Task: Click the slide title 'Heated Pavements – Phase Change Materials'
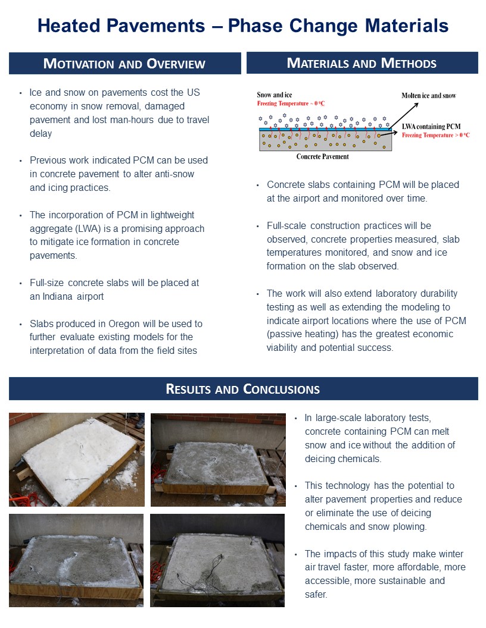[x=243, y=26]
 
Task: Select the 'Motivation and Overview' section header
[x=124, y=64]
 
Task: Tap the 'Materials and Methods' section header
[x=362, y=63]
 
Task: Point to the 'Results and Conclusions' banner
[x=243, y=389]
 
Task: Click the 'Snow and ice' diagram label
[x=275, y=95]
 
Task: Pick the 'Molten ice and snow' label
[x=429, y=96]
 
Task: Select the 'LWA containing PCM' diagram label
[x=431, y=127]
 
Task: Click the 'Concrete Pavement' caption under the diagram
[x=323, y=157]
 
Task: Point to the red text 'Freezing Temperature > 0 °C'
[x=436, y=135]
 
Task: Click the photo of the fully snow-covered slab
[x=76, y=459]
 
